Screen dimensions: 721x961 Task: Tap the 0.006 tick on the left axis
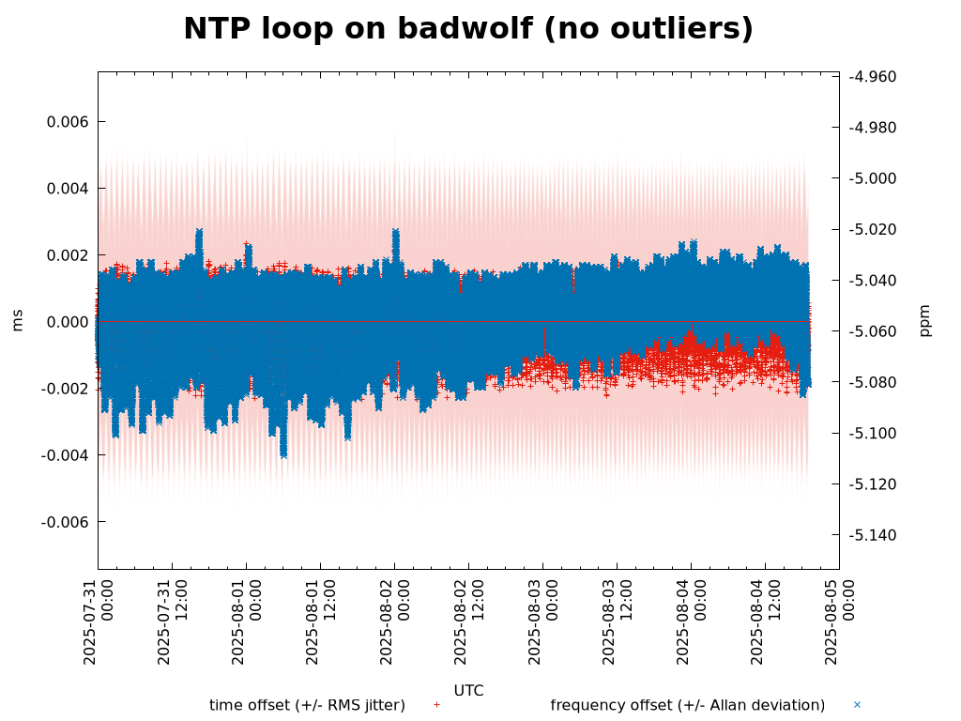tap(69, 122)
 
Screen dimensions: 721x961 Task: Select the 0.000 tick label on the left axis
tap(69, 322)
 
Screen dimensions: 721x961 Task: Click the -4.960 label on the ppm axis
tap(872, 77)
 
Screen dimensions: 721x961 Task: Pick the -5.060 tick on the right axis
tap(872, 331)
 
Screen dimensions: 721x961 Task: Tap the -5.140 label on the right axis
tap(872, 535)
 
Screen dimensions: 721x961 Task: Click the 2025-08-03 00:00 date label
tap(542, 621)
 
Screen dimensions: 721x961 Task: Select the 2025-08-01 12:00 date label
tap(320, 621)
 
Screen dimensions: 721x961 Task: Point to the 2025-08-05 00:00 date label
tap(839, 621)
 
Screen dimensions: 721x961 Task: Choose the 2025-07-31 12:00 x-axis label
tap(172, 621)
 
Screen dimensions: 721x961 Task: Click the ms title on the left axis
tap(17, 320)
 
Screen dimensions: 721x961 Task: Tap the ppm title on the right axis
tap(925, 320)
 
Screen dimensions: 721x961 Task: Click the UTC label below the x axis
tap(468, 691)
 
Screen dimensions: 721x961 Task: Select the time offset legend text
tap(307, 705)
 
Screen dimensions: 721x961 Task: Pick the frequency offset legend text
tap(687, 705)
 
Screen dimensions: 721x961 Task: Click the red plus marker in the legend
tap(436, 704)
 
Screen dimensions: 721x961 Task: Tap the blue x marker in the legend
tap(857, 704)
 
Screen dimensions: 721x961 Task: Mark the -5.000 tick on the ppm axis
tap(872, 178)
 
